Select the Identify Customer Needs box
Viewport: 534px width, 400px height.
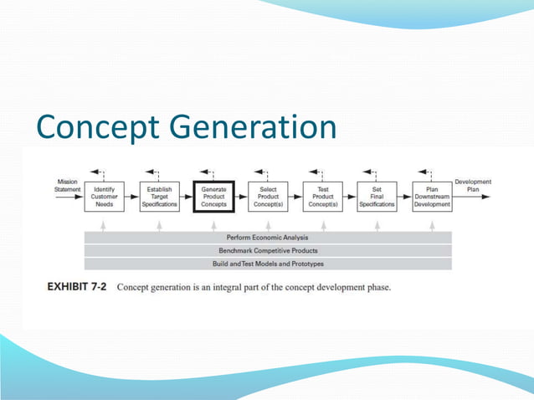(105, 197)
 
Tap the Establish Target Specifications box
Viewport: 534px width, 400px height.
(159, 197)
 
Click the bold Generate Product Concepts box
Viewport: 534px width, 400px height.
(213, 197)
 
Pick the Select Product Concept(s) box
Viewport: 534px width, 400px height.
(268, 197)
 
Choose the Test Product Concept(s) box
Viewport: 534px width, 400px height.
(323, 197)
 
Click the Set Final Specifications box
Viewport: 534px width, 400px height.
(377, 197)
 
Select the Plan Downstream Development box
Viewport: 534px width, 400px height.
(432, 197)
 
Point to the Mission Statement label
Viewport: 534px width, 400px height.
(67, 185)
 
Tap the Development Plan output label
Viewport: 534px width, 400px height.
(473, 185)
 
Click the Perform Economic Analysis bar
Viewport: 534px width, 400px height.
(268, 238)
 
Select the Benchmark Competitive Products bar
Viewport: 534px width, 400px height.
(268, 250)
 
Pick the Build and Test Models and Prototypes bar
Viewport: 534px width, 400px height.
(268, 264)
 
